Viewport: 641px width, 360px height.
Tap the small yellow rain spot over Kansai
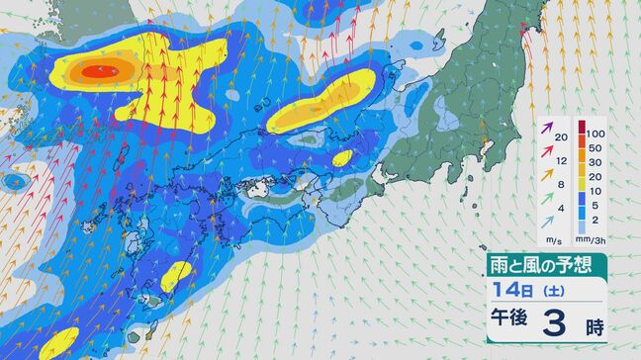coord(342,157)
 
